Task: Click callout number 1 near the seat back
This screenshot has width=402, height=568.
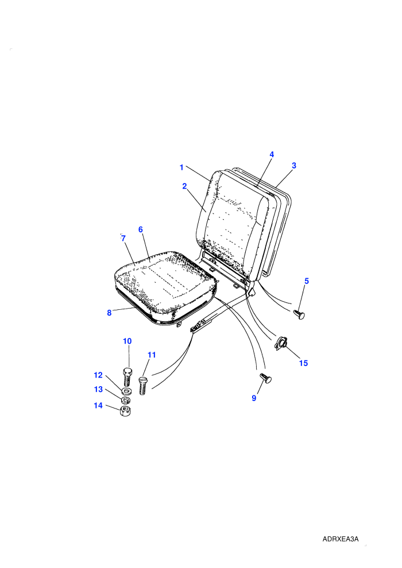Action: pyautogui.click(x=181, y=168)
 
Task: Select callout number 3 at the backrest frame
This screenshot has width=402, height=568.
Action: pyautogui.click(x=294, y=166)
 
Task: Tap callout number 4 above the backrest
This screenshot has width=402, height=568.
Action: pyautogui.click(x=272, y=154)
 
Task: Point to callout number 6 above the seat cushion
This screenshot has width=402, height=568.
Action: pyautogui.click(x=141, y=229)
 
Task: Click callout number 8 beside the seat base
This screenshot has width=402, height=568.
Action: pyautogui.click(x=109, y=313)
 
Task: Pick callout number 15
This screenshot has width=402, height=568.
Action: pyautogui.click(x=303, y=363)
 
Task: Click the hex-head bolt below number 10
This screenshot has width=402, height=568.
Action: pyautogui.click(x=127, y=376)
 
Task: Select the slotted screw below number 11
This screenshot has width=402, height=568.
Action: pyautogui.click(x=142, y=386)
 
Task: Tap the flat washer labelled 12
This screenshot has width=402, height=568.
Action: pyautogui.click(x=126, y=391)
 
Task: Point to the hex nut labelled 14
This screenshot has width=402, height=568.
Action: pyautogui.click(x=125, y=411)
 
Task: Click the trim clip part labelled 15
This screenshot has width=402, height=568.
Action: pyautogui.click(x=281, y=343)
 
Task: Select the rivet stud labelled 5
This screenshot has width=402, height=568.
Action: pyautogui.click(x=299, y=314)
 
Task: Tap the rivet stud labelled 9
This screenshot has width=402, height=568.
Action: pyautogui.click(x=266, y=378)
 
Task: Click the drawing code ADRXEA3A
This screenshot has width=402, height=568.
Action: pyautogui.click(x=341, y=539)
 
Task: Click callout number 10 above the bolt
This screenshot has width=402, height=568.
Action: pyautogui.click(x=127, y=341)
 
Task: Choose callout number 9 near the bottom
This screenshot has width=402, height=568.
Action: pyautogui.click(x=254, y=398)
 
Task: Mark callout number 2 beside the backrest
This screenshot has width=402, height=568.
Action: pyautogui.click(x=184, y=186)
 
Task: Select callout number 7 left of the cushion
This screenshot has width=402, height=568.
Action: pyautogui.click(x=123, y=238)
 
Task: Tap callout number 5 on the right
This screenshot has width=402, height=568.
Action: pyautogui.click(x=307, y=281)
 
